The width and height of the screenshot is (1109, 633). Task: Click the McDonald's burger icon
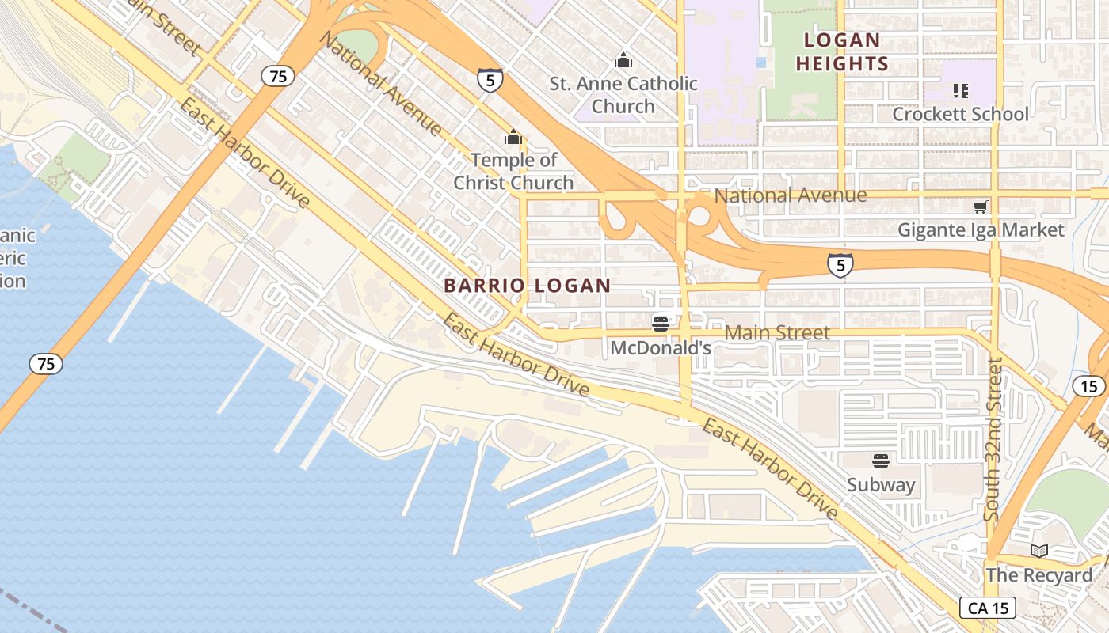[661, 324]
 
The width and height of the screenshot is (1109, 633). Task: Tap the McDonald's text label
[661, 348]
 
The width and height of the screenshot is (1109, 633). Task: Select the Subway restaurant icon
[881, 461]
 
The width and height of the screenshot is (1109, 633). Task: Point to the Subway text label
[881, 484]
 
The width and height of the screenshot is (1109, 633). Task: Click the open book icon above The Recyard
[1038, 551]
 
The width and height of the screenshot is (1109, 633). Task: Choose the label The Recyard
[1038, 575]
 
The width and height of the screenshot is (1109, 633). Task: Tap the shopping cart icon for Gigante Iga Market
[981, 207]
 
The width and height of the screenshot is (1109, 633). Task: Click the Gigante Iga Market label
[981, 230]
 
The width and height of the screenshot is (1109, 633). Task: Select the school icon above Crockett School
[961, 91]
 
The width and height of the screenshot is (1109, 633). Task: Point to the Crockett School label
[960, 114]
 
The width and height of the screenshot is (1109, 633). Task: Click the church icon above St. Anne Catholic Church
[623, 60]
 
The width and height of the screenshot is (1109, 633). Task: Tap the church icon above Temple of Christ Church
[513, 138]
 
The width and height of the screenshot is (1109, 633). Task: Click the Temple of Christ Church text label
[513, 171]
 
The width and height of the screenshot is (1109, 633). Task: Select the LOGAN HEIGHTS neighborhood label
[842, 51]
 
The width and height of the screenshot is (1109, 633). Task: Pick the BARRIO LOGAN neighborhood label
[528, 286]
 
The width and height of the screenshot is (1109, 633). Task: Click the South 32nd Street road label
[993, 439]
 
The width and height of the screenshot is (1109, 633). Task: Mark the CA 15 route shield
[987, 608]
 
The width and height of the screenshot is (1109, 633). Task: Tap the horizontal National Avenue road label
[790, 195]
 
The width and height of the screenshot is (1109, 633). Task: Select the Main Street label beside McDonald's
[777, 333]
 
